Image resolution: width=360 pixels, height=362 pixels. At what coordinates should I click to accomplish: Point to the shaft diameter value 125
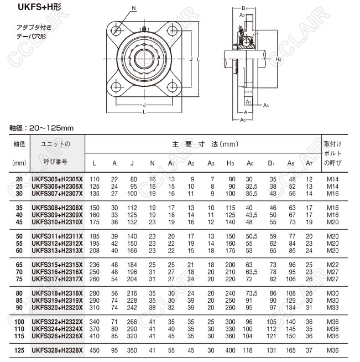pos(19,350)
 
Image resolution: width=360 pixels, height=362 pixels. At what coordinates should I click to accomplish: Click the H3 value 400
pos(231,350)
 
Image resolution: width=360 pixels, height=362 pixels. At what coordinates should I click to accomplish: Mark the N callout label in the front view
pos(134,8)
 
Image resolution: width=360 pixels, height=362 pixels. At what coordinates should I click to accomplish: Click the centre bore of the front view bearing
pos(145,58)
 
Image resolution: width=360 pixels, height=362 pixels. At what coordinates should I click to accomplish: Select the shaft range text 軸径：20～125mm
pos(41,128)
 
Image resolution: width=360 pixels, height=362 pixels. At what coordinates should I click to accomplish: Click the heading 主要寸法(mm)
pos(205,144)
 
